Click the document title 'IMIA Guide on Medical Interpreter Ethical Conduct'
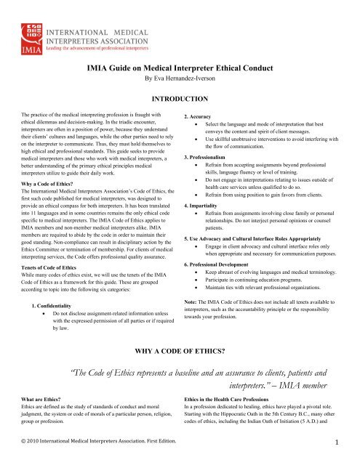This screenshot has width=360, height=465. coord(180,68)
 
